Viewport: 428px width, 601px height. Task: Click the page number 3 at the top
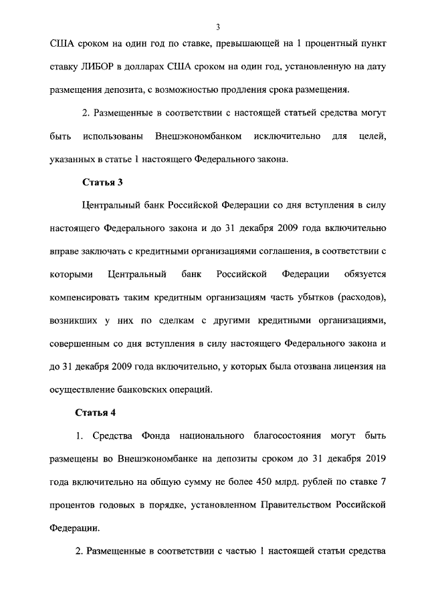(x=218, y=27)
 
